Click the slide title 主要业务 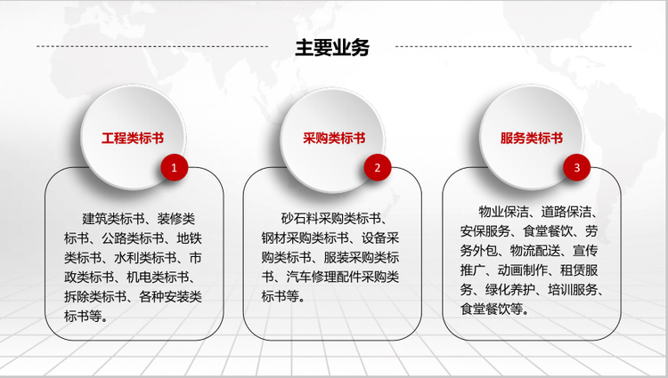point(332,47)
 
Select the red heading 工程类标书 point(133,138)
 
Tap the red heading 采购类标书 point(334,138)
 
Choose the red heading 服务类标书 point(532,138)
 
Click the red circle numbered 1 point(175,167)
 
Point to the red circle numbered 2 point(378,167)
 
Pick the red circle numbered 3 point(577,167)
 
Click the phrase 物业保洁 point(503,212)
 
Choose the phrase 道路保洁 point(566,212)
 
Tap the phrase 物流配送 point(535,251)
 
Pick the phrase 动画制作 point(523,270)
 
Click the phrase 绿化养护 point(510,290)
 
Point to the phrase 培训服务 point(573,290)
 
